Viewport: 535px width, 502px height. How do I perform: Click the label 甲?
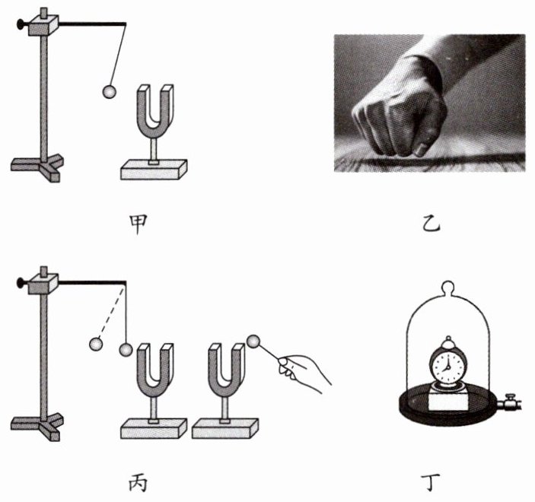click(139, 224)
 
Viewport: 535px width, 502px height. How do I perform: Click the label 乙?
click(432, 224)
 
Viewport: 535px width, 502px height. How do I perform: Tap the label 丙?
click(139, 482)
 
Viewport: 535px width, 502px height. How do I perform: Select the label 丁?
click(431, 482)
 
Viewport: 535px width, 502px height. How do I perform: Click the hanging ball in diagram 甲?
click(109, 92)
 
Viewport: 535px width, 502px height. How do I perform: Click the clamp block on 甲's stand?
click(43, 25)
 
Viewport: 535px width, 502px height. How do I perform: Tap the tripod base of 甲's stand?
click(37, 167)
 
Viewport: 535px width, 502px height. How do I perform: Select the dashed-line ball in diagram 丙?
click(96, 344)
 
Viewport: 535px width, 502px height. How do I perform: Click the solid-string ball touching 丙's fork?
click(126, 350)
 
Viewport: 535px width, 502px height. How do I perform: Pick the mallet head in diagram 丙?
click(253, 342)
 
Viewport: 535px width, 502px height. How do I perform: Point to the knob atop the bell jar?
click(448, 286)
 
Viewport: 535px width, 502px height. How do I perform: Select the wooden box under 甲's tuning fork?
click(154, 170)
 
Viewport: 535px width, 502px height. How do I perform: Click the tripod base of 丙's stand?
click(37, 426)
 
